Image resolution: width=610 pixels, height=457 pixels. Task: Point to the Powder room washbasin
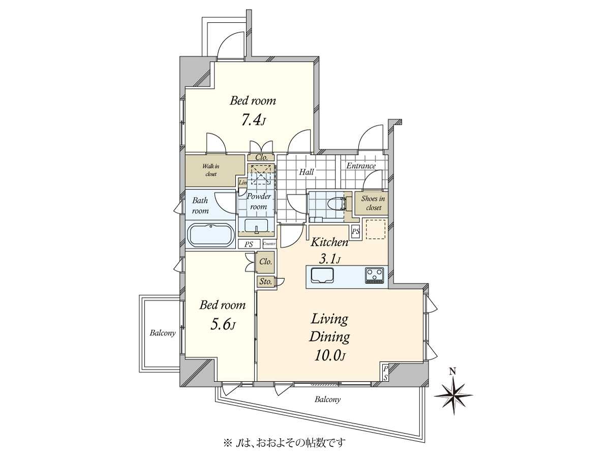coord(257,225)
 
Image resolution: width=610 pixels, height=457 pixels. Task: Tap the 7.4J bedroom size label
coord(253,120)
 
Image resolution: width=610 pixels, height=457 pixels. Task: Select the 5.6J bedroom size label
coord(222,324)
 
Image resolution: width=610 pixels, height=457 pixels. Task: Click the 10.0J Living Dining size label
coord(329,355)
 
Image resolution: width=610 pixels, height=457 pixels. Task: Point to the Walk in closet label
coord(210,170)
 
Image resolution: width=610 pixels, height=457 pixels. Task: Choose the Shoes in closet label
coord(374,203)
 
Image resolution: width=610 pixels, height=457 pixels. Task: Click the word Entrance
coord(361,166)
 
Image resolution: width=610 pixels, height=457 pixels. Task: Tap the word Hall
coord(306,172)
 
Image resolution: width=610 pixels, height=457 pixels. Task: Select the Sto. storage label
coord(265,281)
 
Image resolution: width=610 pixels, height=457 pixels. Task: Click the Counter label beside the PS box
coord(269,244)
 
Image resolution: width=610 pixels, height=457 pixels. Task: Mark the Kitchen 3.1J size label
coord(329,259)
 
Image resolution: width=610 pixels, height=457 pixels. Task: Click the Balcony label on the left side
coord(163,333)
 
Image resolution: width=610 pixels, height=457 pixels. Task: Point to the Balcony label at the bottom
coord(327,400)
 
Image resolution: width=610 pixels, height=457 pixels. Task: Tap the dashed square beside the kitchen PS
coord(376,229)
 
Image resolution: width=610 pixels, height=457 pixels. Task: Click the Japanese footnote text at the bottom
coord(284,443)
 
